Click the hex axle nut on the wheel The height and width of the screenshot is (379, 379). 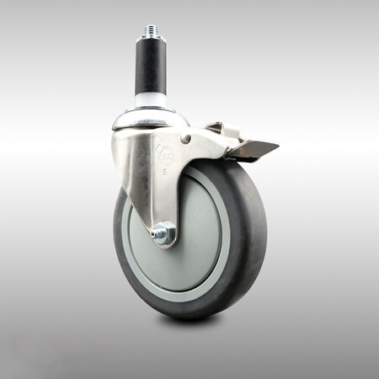165,233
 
